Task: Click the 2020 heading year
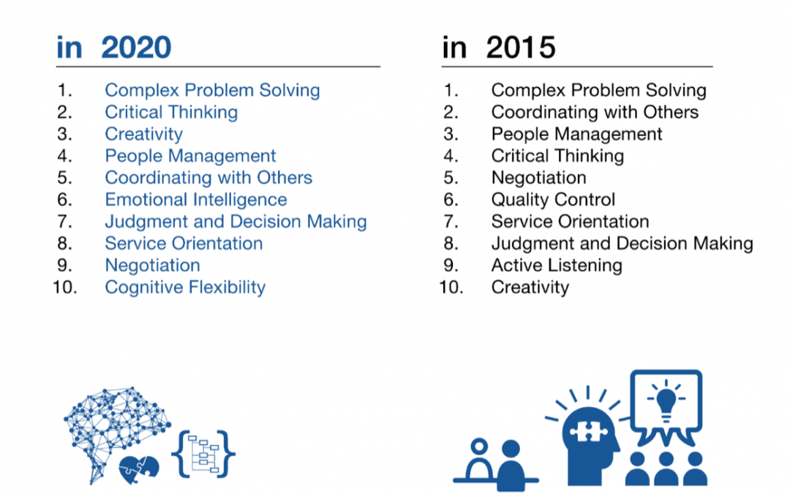[x=136, y=48]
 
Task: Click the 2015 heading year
[x=521, y=48]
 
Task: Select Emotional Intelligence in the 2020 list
[x=196, y=200]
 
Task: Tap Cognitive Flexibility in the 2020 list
[x=185, y=288]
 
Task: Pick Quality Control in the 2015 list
[x=553, y=200]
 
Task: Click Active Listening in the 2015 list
[x=557, y=266]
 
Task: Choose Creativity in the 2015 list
[x=530, y=288]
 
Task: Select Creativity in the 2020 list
[x=143, y=134]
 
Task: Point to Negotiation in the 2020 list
[x=152, y=266]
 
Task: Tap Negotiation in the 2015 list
[x=538, y=178]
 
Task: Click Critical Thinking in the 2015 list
[x=557, y=157]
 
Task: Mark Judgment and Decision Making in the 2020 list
[x=236, y=222]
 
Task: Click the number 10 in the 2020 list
[x=65, y=288]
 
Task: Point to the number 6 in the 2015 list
[x=451, y=200]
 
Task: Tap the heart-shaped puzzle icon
[x=139, y=470]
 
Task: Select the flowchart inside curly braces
[x=203, y=454]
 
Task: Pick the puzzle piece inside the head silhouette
[x=587, y=432]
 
